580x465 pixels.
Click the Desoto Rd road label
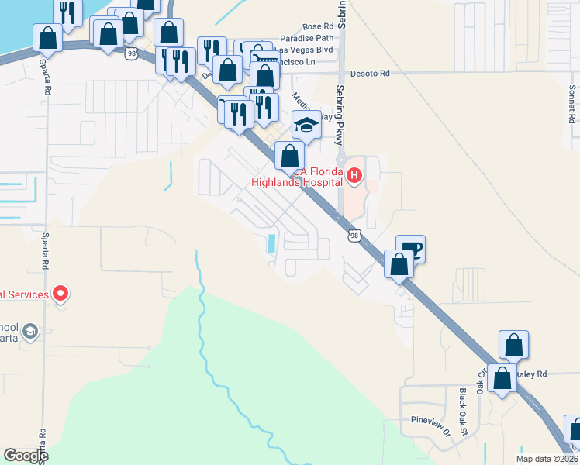tap(370, 74)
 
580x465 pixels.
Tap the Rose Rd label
tap(317, 26)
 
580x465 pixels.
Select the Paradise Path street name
tap(307, 38)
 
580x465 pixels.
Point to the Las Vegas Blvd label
tap(308, 50)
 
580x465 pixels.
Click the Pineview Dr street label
tap(430, 424)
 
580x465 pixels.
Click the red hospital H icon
tap(354, 176)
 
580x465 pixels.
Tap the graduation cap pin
tap(306, 124)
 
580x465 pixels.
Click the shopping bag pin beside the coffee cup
tap(399, 263)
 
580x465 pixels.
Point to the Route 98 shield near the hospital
tap(354, 235)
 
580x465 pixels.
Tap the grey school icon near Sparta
tap(30, 332)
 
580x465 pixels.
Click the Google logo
tap(26, 456)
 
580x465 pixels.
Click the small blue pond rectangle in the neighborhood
tap(271, 243)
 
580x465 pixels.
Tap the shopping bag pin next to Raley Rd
tap(502, 379)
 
